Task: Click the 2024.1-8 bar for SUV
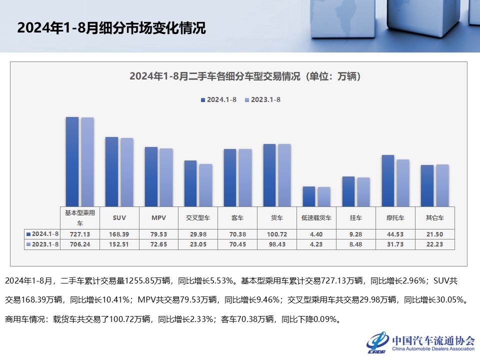111,171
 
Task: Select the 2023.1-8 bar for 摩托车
403,182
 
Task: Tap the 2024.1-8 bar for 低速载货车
309,196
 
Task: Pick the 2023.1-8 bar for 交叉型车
205,185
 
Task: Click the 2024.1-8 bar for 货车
269,175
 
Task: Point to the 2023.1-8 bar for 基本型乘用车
87,161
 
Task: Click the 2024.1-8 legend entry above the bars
218,99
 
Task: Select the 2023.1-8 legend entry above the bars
262,99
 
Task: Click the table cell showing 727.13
80,234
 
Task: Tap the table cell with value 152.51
119,244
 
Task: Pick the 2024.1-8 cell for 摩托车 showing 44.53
395,234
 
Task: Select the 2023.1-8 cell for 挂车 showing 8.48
356,244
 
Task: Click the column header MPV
159,218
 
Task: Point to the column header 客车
237,218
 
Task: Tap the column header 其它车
434,218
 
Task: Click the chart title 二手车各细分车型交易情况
245,76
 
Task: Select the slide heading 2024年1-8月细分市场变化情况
111,27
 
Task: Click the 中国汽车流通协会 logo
420,341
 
